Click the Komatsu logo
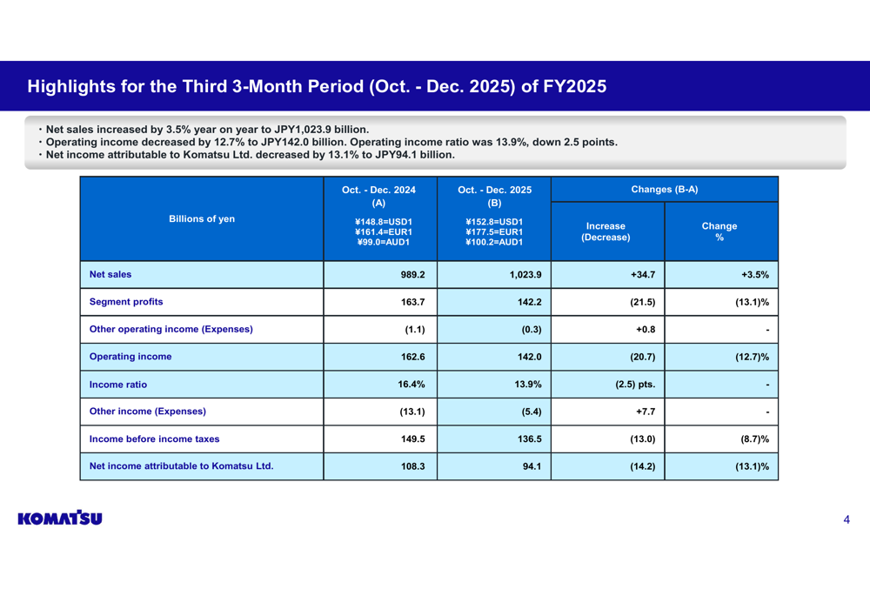(x=59, y=519)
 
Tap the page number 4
(x=846, y=520)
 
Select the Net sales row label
(x=110, y=275)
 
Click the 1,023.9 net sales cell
(x=525, y=275)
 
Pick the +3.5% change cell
(x=754, y=275)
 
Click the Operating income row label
(x=130, y=357)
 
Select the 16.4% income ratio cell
(x=411, y=385)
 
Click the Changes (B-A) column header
(x=664, y=190)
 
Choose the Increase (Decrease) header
(x=606, y=231)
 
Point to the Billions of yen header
(x=202, y=219)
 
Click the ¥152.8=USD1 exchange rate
(x=494, y=222)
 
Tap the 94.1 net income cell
(x=532, y=466)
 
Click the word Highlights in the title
(x=71, y=87)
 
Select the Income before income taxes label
(x=154, y=439)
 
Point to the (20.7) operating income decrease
(x=642, y=357)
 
